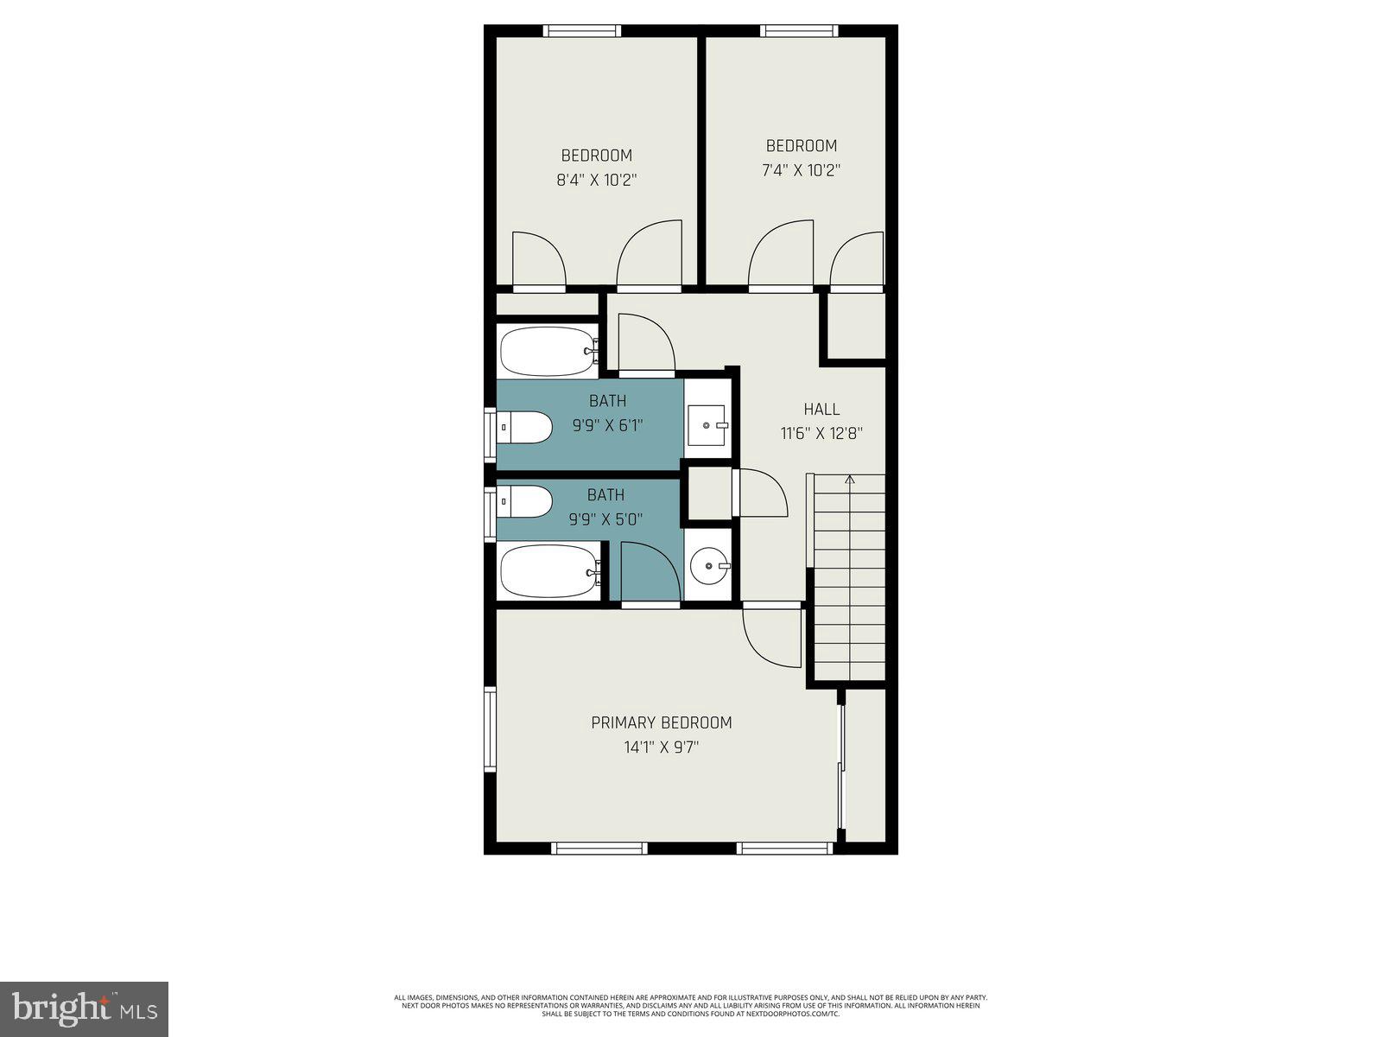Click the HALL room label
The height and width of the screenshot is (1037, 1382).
tap(821, 410)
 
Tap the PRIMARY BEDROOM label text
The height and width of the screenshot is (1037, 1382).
tap(661, 722)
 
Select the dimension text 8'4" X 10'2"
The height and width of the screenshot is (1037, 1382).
tap(597, 181)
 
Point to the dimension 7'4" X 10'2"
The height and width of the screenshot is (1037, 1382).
tap(801, 170)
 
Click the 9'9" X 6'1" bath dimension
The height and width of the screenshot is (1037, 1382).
tap(607, 425)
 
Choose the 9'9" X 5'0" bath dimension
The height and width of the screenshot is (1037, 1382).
tap(605, 519)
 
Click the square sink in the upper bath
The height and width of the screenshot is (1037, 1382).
tap(708, 425)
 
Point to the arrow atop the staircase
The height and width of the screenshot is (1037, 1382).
tap(850, 479)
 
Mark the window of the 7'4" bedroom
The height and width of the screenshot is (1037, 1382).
tap(799, 31)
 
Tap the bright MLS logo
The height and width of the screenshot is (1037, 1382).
tap(85, 1008)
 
